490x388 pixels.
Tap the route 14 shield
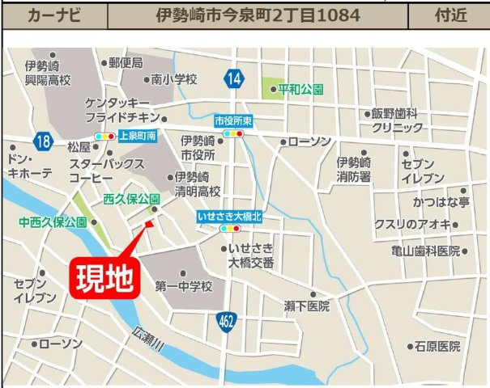(x=234, y=78)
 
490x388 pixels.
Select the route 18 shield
(x=43, y=141)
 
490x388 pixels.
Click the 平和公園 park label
(x=300, y=89)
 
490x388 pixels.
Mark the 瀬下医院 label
(x=307, y=306)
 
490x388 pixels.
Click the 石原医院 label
(x=437, y=346)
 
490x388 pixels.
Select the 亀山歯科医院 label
(x=424, y=251)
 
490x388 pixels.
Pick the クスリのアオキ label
(x=412, y=224)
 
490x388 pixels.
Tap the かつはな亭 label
(x=441, y=200)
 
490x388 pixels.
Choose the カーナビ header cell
(x=54, y=15)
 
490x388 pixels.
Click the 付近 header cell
(x=448, y=15)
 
